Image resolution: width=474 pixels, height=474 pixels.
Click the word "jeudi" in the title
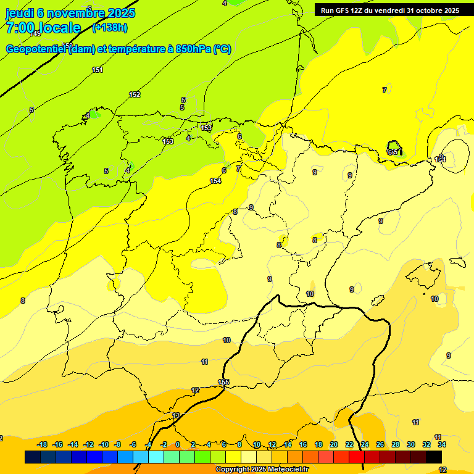coord(19,13)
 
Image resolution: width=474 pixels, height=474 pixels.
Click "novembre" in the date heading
coord(77,13)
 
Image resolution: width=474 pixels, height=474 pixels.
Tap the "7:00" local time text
coord(20,28)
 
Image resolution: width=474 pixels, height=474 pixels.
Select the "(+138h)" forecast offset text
coord(109,27)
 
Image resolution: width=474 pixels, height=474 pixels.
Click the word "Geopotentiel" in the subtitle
coord(36,49)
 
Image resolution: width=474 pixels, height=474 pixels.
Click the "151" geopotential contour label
coord(98,70)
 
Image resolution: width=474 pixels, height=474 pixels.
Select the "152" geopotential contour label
coord(135,94)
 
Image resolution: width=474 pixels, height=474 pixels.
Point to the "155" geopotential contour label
coord(223,383)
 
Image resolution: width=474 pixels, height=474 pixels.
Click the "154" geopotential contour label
coord(215,181)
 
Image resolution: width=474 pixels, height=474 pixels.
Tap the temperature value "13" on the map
coord(176,415)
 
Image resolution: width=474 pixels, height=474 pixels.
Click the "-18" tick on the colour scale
coord(43,444)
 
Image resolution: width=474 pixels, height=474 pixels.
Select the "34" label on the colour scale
coord(442,444)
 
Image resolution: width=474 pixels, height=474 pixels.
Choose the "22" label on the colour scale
coord(349,444)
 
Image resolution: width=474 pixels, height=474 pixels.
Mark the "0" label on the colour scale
coord(178,444)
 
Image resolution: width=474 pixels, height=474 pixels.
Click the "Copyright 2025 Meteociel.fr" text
coord(262,470)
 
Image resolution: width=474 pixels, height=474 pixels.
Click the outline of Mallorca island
coord(425,272)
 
